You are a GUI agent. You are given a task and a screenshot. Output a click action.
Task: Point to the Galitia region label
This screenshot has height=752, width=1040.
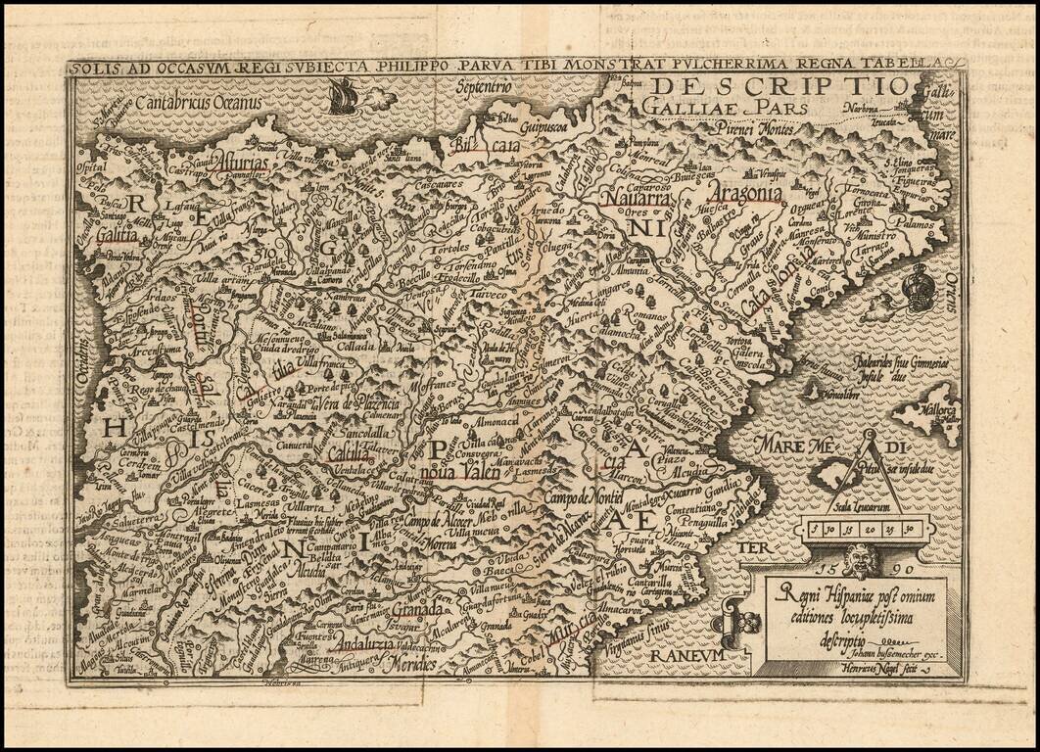117,234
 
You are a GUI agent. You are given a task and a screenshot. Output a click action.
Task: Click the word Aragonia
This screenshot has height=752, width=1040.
749,194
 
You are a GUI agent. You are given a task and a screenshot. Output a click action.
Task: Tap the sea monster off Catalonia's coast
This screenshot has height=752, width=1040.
919,288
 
